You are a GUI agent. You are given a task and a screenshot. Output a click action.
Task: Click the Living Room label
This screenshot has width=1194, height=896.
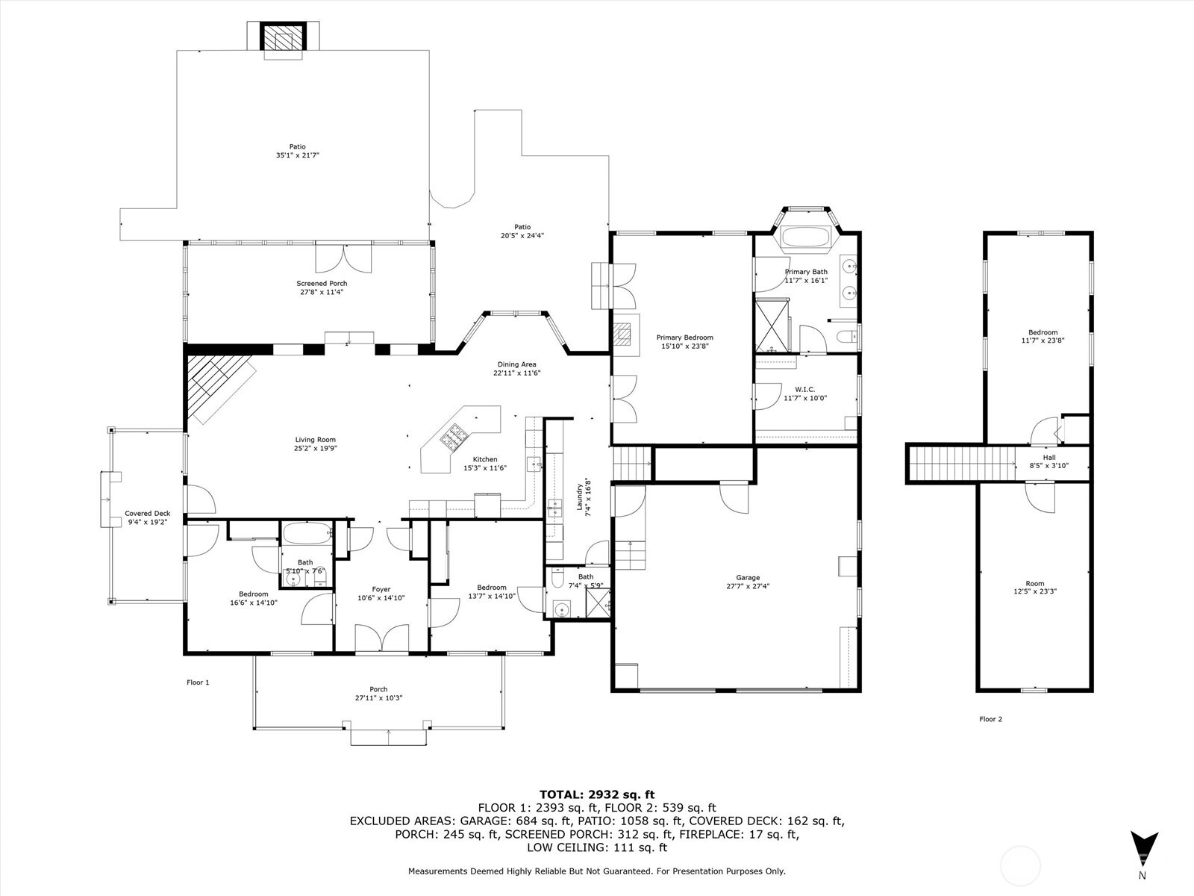click(314, 440)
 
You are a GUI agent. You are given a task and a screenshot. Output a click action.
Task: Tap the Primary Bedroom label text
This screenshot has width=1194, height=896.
click(684, 337)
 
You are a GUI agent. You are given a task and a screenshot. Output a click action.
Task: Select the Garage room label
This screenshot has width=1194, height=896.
click(747, 577)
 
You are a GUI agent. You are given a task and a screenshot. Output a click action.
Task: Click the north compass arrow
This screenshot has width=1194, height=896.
click(1143, 847)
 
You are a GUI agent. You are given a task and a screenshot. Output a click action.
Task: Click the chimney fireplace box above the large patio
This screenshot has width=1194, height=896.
click(283, 39)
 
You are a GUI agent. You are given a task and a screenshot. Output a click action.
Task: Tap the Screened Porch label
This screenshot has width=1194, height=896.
click(322, 284)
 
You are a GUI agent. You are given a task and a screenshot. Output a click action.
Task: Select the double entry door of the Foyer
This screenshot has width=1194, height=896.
click(381, 640)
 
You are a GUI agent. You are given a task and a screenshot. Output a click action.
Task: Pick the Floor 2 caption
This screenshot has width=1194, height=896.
click(990, 719)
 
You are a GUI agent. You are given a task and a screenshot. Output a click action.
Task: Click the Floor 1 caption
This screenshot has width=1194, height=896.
click(198, 682)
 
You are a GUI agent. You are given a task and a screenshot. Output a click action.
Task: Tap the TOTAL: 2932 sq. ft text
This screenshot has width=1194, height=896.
click(596, 794)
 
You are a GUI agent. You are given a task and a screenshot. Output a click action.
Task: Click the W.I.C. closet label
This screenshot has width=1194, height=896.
click(804, 389)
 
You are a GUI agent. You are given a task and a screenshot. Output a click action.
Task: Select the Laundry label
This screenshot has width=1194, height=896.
click(579, 494)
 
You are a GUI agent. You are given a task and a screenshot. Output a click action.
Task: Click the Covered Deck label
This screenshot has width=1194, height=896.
click(147, 514)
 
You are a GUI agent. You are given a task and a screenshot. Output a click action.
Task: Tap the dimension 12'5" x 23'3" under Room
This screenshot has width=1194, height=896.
click(1034, 591)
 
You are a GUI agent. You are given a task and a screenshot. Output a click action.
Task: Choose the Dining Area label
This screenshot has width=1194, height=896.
click(517, 364)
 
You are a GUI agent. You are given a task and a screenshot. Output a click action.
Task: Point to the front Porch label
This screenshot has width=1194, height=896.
click(378, 689)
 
